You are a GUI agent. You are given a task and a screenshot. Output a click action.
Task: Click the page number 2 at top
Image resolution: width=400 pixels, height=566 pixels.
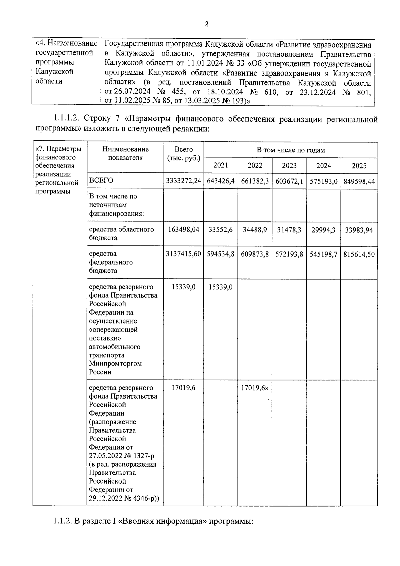click(x=207, y=24)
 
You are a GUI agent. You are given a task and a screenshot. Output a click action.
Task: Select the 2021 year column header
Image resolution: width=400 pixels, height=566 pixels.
click(x=220, y=165)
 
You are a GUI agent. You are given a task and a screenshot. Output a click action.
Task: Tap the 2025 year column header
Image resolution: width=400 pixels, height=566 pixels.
click(x=359, y=166)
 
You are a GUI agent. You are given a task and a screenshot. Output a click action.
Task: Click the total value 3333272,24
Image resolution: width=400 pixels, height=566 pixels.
click(x=183, y=181)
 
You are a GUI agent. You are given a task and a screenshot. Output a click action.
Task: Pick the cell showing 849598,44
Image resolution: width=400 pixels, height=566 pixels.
click(x=359, y=181)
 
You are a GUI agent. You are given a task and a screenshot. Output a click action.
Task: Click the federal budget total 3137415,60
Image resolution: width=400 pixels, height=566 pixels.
click(x=183, y=254)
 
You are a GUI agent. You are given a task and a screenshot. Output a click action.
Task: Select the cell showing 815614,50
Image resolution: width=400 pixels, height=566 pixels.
click(x=359, y=254)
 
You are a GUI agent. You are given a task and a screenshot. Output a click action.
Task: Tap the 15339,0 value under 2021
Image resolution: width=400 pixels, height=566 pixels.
click(x=220, y=287)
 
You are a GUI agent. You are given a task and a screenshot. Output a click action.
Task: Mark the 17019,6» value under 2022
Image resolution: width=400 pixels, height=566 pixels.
click(x=255, y=388)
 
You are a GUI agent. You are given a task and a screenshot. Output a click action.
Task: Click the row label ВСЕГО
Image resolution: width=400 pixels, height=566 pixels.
click(x=101, y=180)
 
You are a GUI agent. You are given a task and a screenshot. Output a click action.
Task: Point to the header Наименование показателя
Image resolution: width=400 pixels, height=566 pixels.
click(x=125, y=153)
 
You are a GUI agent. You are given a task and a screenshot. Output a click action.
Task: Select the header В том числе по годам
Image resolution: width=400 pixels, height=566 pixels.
click(x=290, y=150)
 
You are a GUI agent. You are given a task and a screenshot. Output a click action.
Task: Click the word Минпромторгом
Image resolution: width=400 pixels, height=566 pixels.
click(x=115, y=364)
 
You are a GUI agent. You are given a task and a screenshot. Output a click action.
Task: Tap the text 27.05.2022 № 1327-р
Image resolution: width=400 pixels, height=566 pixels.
click(x=121, y=456)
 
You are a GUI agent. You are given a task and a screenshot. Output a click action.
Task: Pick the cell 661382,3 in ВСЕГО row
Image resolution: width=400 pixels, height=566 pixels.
click(x=255, y=181)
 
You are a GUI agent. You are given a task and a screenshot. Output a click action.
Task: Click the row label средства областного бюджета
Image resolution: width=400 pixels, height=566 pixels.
click(x=121, y=233)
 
